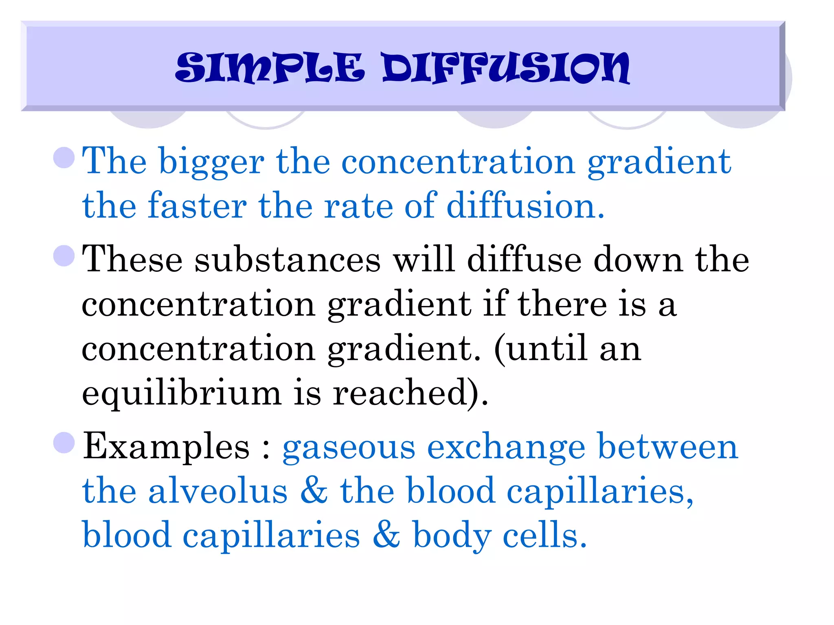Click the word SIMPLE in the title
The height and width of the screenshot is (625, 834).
[269, 68]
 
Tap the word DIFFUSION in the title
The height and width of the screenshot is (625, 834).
[506, 68]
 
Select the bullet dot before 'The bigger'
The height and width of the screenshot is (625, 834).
[64, 157]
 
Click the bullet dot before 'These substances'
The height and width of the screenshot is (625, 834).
[64, 256]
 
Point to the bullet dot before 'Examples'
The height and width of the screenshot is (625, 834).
[64, 443]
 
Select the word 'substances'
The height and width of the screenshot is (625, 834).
[288, 260]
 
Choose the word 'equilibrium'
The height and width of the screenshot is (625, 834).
[182, 393]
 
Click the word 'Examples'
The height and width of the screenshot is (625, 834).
[166, 447]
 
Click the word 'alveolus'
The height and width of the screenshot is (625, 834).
[218, 491]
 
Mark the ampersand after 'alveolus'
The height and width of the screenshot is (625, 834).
[314, 491]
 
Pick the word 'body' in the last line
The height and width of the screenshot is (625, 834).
[452, 535]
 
